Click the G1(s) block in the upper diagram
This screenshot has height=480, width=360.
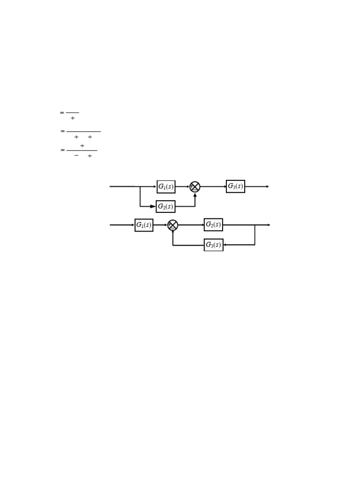click(x=166, y=187)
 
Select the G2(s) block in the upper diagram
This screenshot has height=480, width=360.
click(x=165, y=206)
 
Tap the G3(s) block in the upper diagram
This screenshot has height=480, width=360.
click(x=235, y=187)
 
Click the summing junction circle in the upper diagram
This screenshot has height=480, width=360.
click(x=195, y=187)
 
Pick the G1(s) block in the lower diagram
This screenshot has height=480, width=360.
click(x=144, y=225)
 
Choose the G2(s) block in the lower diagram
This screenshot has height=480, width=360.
click(x=213, y=225)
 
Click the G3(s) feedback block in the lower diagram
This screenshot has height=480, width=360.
click(x=213, y=245)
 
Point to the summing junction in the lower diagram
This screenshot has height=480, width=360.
click(x=173, y=225)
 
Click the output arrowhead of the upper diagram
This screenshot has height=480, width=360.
click(x=268, y=187)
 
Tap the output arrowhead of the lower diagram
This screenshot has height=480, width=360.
click(x=269, y=225)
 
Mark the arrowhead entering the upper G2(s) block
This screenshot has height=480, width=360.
click(x=153, y=206)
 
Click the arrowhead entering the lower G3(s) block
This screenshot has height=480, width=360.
click(x=225, y=245)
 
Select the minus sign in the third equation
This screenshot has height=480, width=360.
click(x=76, y=155)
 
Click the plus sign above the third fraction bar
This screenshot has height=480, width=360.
click(x=82, y=146)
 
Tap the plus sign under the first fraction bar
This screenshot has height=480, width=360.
click(x=73, y=118)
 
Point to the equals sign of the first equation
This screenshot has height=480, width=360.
click(x=62, y=112)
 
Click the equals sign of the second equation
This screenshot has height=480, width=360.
click(x=62, y=131)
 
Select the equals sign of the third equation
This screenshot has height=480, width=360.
click(x=62, y=150)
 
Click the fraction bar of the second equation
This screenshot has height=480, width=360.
click(x=83, y=131)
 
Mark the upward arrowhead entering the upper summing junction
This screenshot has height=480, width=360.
click(x=195, y=195)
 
